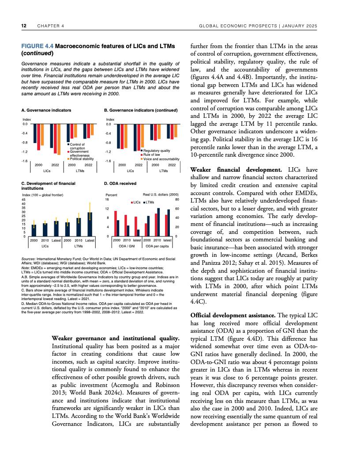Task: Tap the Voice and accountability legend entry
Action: (x=161, y=158)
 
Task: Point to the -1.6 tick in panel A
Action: (x=25, y=161)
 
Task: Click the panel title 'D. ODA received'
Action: (x=120, y=183)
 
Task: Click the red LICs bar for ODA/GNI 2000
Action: (x=115, y=223)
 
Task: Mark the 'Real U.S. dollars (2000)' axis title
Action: (x=161, y=195)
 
